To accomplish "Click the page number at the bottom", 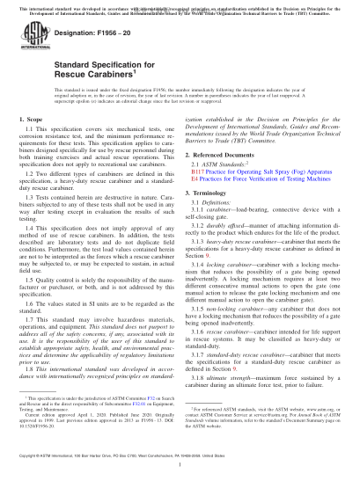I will click(x=180, y=469).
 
